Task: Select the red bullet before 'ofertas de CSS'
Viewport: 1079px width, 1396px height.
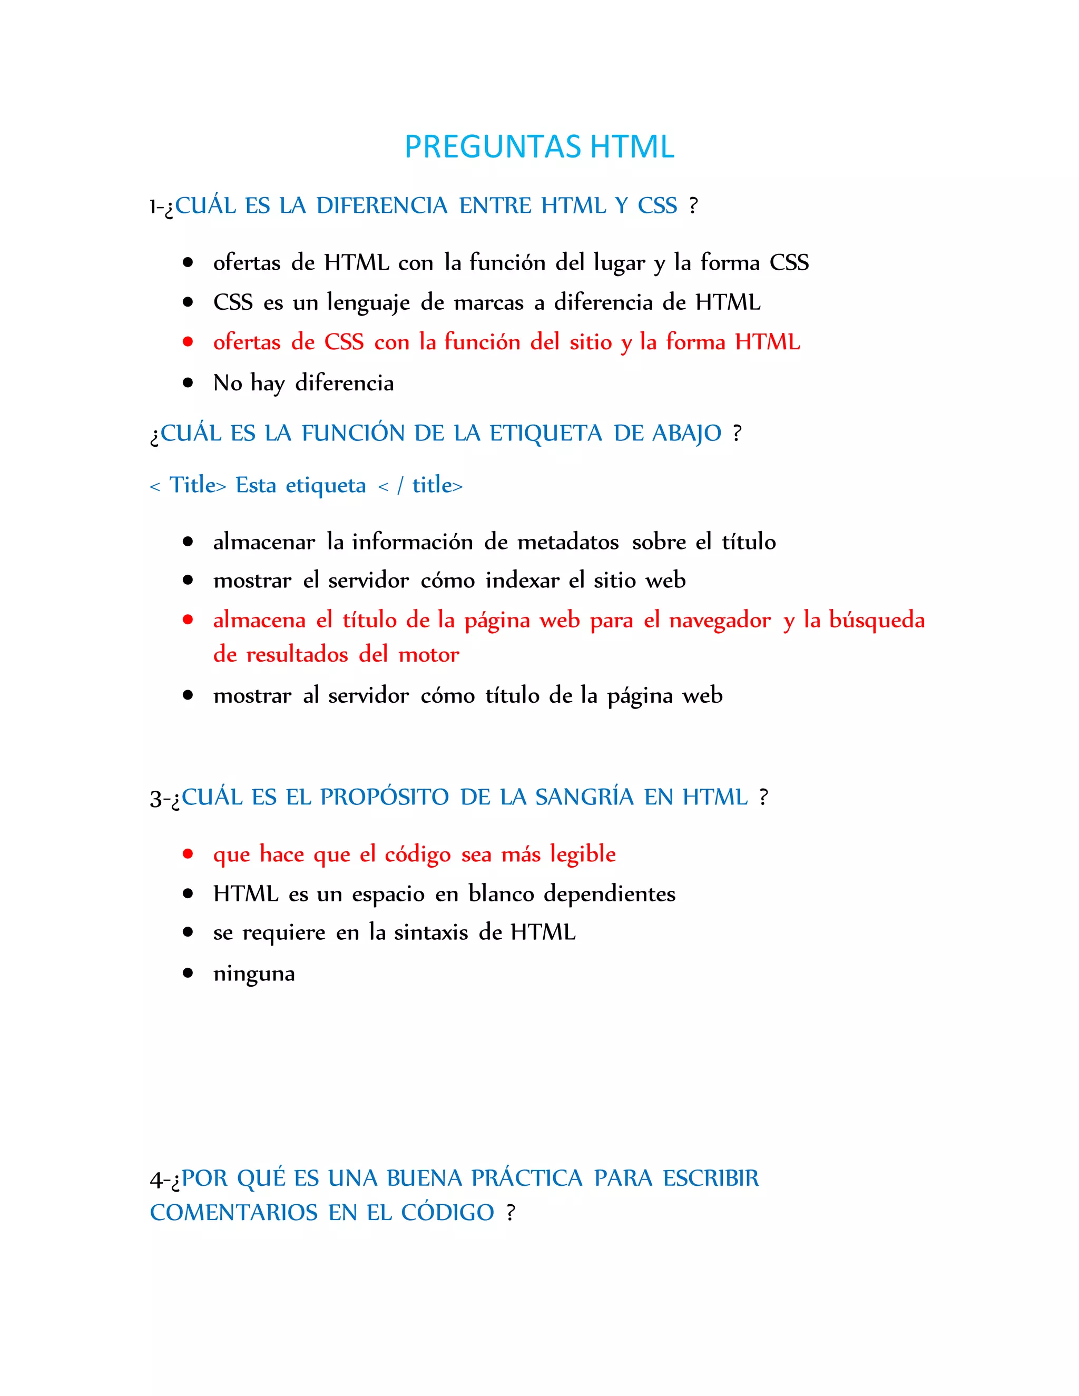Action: pos(187,342)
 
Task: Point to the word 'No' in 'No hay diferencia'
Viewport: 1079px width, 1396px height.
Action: pos(227,383)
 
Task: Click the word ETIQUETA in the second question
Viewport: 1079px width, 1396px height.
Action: pos(545,434)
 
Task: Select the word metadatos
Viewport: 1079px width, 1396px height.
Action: pos(567,542)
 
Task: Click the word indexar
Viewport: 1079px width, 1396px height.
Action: pos(521,581)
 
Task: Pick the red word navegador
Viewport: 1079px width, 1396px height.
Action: pos(720,620)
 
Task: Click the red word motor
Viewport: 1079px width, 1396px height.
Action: pos(428,654)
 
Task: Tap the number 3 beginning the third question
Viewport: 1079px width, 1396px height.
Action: pos(155,798)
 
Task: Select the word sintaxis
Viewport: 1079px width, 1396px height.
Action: pos(431,932)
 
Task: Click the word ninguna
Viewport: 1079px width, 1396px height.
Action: pos(254,974)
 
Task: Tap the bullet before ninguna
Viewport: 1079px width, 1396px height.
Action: pos(187,973)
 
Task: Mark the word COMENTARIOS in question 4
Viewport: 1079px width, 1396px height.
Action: pos(233,1213)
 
